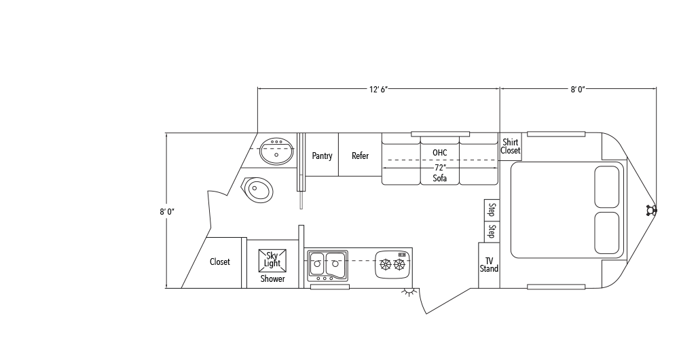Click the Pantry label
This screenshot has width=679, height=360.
(x=322, y=156)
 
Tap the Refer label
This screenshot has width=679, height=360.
(x=360, y=156)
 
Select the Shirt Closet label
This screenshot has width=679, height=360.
(x=511, y=147)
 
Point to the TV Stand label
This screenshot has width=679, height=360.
(x=489, y=265)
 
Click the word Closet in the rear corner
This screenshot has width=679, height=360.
(x=219, y=262)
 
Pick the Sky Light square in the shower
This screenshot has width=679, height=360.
(x=272, y=259)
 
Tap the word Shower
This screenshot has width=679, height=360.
(x=272, y=279)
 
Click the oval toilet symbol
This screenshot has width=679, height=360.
(x=258, y=190)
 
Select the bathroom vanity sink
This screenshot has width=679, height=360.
(x=277, y=151)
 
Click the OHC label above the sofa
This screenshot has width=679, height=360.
(x=439, y=152)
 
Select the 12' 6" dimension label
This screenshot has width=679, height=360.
(x=378, y=89)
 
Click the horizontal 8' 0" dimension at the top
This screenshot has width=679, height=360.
(x=578, y=89)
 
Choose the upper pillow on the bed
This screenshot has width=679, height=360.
(x=606, y=186)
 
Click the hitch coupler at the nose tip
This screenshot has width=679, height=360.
(x=652, y=211)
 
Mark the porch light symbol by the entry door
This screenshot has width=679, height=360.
(x=409, y=293)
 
